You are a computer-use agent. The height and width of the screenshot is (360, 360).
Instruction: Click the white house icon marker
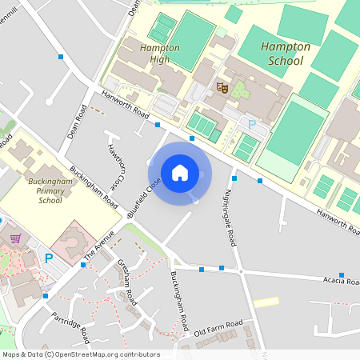(x=180, y=172)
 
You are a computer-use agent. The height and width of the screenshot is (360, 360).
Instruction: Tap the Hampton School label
(x=282, y=54)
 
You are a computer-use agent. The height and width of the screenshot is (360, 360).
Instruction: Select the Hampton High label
(x=159, y=54)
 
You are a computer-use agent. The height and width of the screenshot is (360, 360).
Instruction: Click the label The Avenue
(x=100, y=244)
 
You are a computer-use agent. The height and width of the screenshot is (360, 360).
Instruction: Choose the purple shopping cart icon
(x=14, y=238)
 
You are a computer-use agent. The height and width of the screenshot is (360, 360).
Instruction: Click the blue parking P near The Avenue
(x=49, y=258)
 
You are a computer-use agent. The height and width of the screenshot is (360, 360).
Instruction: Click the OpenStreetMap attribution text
(x=81, y=354)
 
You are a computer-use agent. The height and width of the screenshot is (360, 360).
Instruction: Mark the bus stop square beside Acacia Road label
(x=342, y=275)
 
